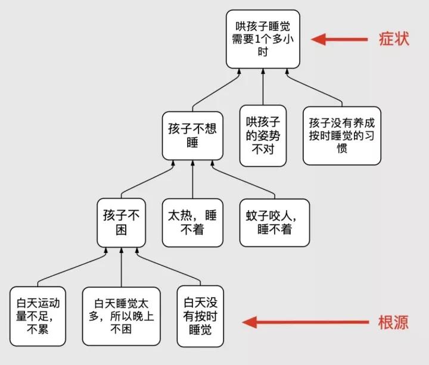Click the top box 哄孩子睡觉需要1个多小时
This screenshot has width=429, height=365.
[262, 39]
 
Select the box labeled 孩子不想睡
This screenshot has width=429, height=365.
[192, 135]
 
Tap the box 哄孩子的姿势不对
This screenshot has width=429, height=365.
[262, 135]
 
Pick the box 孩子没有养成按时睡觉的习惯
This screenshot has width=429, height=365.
[341, 135]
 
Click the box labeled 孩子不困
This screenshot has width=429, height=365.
[121, 222]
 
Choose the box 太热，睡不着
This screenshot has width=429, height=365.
[192, 222]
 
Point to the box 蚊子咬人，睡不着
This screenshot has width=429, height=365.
[275, 222]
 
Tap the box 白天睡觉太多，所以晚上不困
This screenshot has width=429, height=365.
[122, 316]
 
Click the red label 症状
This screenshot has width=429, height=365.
[394, 39]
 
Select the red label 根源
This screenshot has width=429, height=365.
[394, 323]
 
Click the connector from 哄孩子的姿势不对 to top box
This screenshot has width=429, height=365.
[262, 86]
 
